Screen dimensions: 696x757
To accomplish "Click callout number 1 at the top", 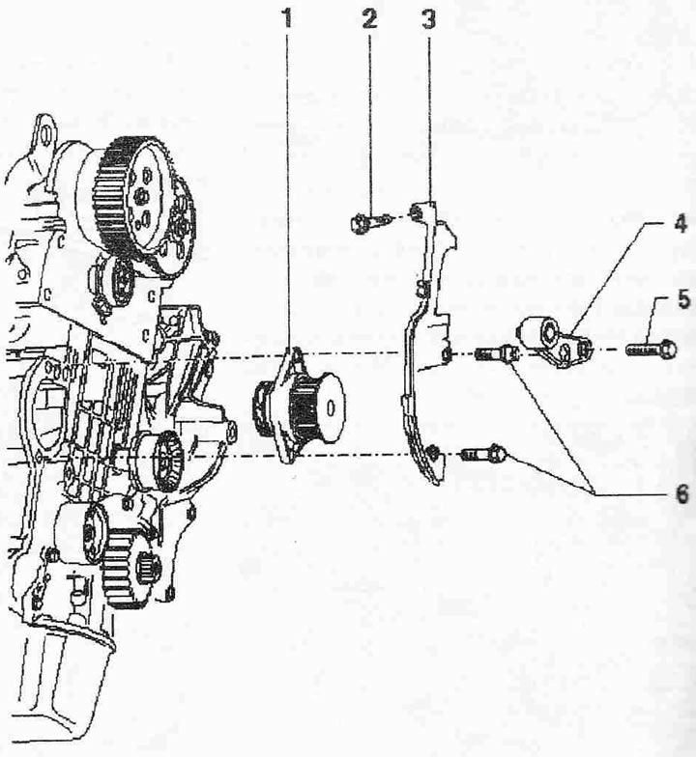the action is [288, 19].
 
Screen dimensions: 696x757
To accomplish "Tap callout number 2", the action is [369, 19].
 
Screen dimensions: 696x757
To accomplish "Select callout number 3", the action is [429, 19].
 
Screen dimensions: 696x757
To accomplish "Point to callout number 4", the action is [681, 224].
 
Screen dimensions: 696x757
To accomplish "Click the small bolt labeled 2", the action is [368, 222].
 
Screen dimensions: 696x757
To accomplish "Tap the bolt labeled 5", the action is [651, 350].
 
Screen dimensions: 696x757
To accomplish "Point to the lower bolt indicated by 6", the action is [484, 454].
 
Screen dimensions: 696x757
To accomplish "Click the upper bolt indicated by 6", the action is [498, 355].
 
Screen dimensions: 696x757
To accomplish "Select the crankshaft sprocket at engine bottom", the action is [124, 573].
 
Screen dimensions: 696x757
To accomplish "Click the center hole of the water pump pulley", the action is [331, 408].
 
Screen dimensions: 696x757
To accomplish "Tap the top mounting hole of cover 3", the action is [415, 212].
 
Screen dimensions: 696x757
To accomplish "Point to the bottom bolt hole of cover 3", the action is [433, 452].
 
